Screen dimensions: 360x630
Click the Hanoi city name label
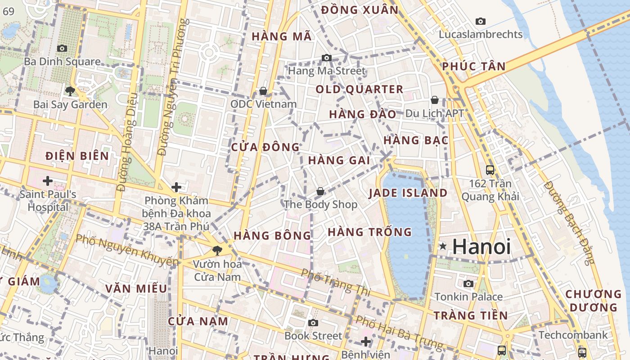481,247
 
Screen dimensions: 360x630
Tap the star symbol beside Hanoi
443,246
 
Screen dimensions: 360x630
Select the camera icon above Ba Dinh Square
62,48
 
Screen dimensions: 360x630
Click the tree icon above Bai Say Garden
70,91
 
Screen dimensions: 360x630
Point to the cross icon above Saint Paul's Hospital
47,181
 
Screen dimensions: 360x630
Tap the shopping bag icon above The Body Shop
320,191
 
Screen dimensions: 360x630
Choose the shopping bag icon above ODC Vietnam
263,91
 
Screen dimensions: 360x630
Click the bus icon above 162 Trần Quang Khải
490,170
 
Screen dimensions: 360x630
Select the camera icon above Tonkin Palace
468,283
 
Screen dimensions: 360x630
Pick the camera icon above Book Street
313,323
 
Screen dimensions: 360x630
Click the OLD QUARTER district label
359,89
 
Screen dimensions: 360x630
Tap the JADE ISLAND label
408,193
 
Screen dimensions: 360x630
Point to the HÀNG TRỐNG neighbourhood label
369,232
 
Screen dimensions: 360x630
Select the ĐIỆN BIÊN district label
77,156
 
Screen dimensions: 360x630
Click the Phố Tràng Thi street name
335,282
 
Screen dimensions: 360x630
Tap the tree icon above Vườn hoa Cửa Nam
218,251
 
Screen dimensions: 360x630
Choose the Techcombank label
573,335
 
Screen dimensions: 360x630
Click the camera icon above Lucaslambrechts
481,21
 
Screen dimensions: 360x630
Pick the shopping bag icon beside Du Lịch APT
435,99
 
